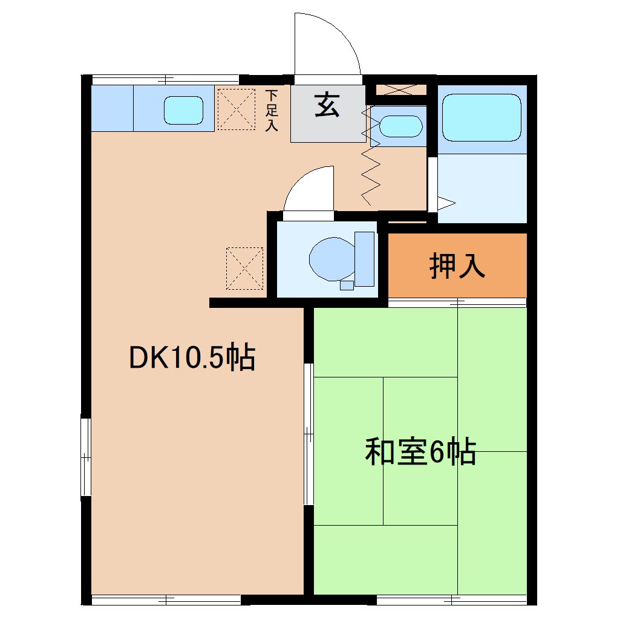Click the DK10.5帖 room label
click(192, 359)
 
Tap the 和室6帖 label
click(420, 451)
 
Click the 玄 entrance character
click(327, 106)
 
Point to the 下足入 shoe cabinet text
click(272, 110)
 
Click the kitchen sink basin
click(183, 110)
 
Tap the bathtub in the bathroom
click(482, 117)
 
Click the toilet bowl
click(330, 259)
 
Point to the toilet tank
click(364, 258)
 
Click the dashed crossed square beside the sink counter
click(235, 109)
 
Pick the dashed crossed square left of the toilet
click(244, 267)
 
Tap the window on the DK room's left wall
click(87, 457)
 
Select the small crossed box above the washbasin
click(401, 90)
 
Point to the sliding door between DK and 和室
click(308, 433)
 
